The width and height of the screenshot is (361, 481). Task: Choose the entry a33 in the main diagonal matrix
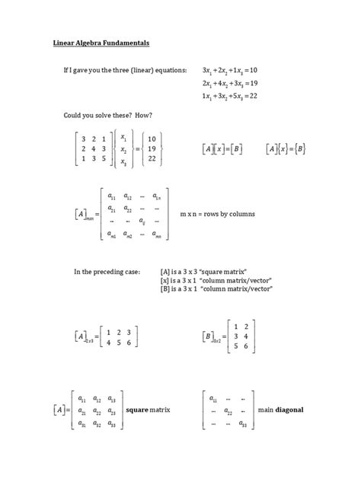243,424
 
